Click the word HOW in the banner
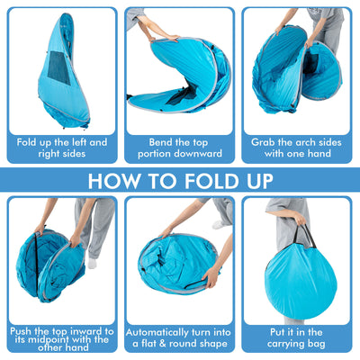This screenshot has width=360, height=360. tap(121, 180)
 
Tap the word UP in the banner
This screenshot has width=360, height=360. tap(256, 180)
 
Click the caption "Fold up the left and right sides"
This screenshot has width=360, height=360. tap(61, 148)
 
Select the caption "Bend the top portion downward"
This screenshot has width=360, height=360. tap(179, 148)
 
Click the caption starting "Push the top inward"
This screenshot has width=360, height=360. tap(61, 337)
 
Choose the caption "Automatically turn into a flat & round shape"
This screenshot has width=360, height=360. tap(179, 337)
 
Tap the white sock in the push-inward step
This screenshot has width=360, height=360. tap(93, 265)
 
